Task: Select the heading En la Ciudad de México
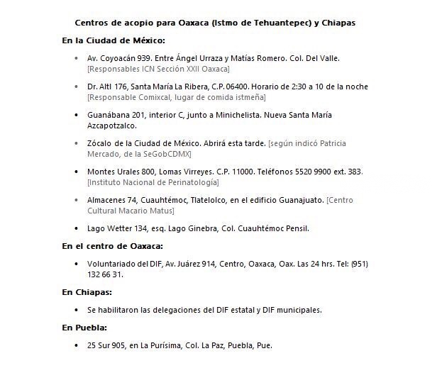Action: (x=114, y=40)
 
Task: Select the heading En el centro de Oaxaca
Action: (x=112, y=246)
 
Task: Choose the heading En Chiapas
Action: (x=87, y=291)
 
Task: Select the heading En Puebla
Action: (x=84, y=328)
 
